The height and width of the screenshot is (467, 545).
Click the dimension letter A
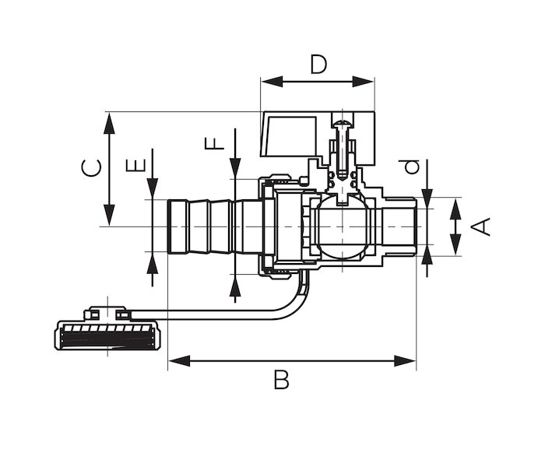click(x=482, y=226)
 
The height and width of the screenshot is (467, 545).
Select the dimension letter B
click(x=281, y=381)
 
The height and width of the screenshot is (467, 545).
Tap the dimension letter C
click(x=93, y=167)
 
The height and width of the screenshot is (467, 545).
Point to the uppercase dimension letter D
click(x=318, y=64)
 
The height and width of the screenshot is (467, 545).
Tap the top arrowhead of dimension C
click(x=110, y=121)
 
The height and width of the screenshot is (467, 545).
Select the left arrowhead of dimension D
click(x=269, y=82)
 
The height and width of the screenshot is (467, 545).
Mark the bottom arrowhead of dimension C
click(x=110, y=217)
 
